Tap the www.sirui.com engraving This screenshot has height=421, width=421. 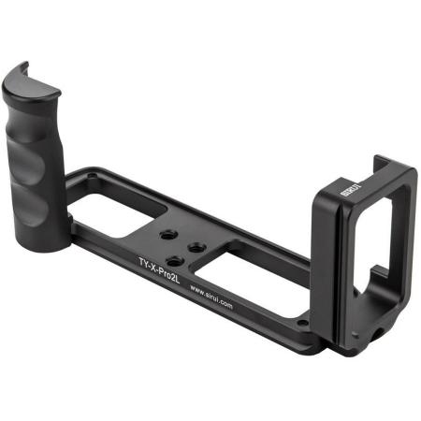pos(222,298)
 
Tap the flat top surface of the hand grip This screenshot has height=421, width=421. pos(33,83)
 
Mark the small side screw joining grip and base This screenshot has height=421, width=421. pos(70,221)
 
